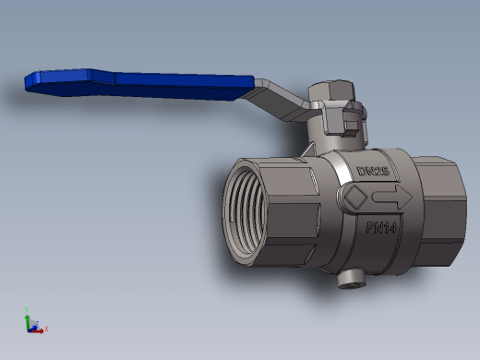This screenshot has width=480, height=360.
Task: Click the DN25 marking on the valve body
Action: [373, 171]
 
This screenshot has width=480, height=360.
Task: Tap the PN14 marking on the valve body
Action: [381, 228]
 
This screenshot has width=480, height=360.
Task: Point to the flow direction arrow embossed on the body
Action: [392, 197]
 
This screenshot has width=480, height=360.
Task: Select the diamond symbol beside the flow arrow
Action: [355, 197]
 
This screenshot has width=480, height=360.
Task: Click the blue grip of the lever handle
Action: [138, 85]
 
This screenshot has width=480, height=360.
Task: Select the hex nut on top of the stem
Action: [331, 90]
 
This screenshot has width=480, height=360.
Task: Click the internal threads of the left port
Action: [245, 212]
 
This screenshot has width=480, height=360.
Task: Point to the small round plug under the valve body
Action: [352, 279]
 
